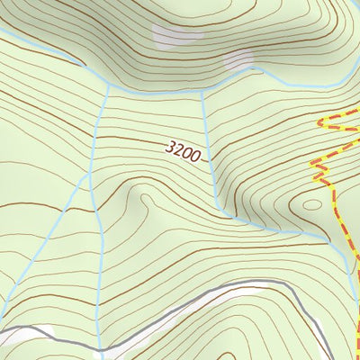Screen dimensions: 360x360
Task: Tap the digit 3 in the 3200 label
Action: (x=170, y=145)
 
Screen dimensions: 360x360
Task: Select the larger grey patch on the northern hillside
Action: (x=172, y=35)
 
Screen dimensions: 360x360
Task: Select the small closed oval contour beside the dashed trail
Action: (x=310, y=203)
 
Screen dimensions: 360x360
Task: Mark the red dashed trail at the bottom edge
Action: (x=355, y=357)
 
